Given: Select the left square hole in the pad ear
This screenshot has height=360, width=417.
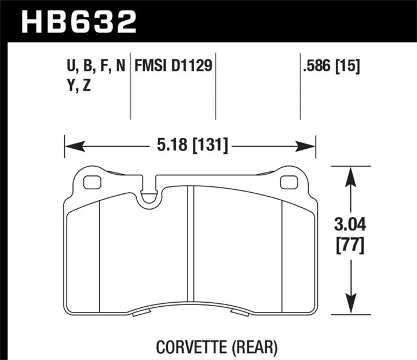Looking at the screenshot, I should coord(92,182).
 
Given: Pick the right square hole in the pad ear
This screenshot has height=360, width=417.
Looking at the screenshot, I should coord(288,182).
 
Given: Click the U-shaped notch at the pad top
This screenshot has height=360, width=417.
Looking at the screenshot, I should coord(149,193).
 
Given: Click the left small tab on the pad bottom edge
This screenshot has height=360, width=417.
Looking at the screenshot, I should coord(140,313).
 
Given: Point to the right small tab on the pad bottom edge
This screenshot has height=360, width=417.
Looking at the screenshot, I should coord(239,313).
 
